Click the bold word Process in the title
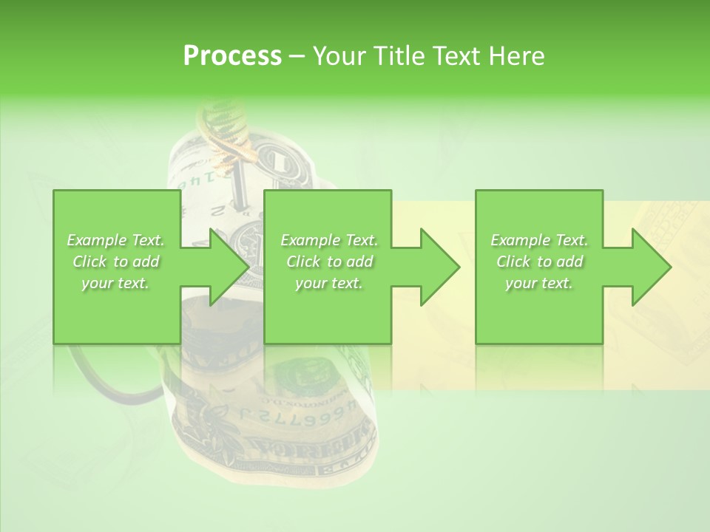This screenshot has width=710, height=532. (232, 56)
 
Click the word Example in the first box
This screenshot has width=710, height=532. (96, 240)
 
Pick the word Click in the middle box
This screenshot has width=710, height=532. (303, 262)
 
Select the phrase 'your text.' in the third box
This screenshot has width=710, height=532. (538, 283)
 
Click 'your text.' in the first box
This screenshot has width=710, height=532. (115, 283)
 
